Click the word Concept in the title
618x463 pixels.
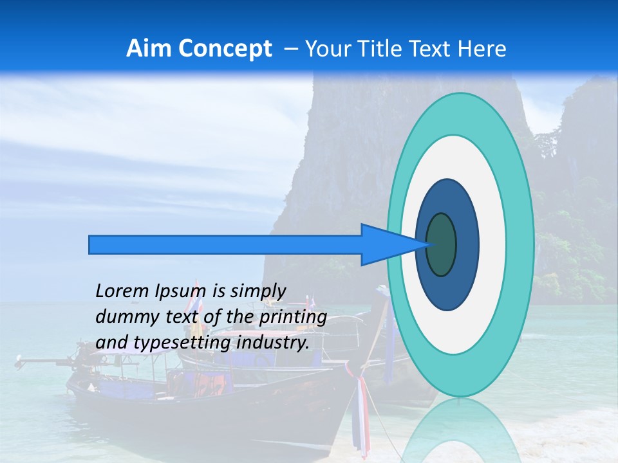pos(225,48)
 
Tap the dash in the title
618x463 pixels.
pos(290,48)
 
